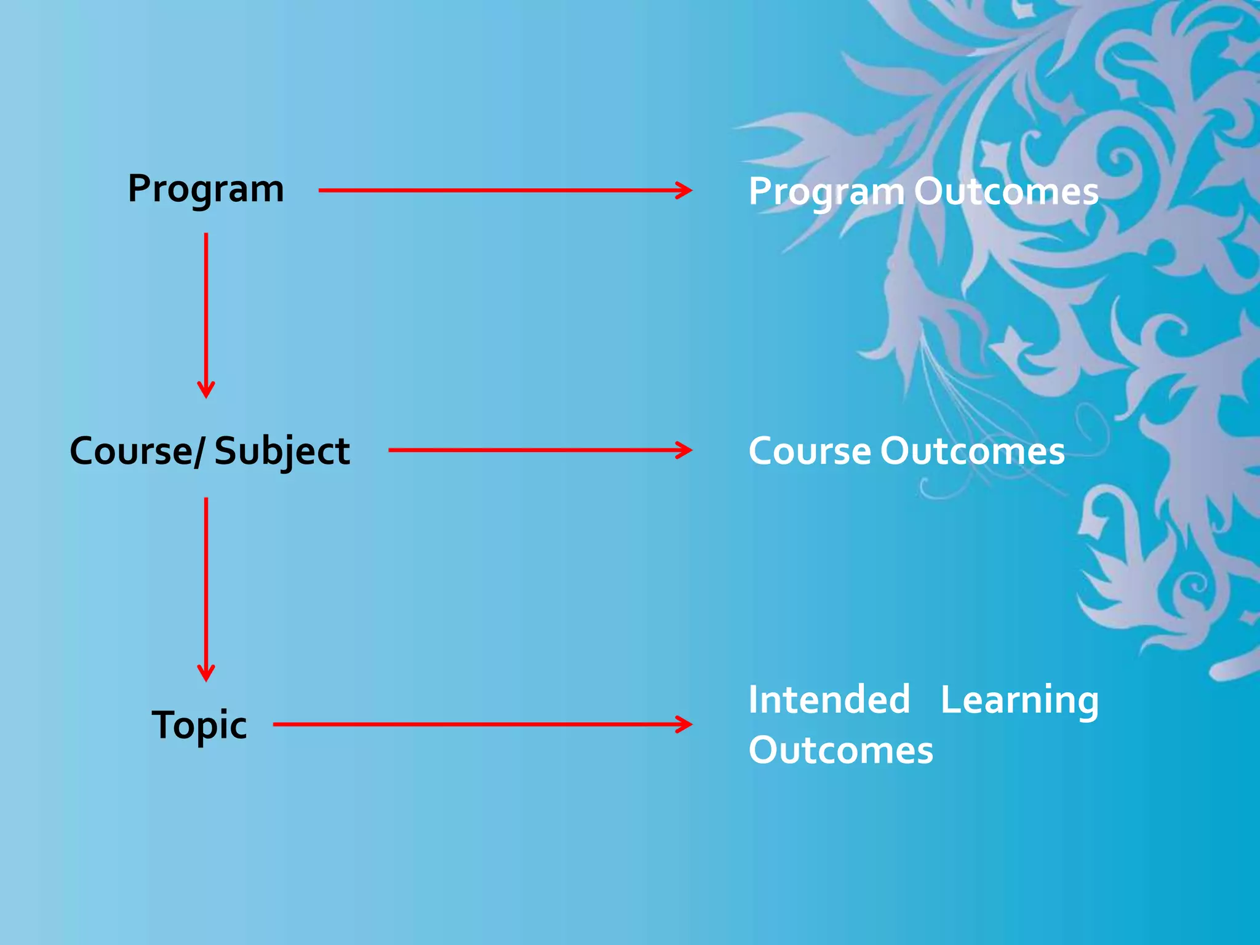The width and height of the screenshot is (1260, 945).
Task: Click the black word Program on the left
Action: tap(205, 189)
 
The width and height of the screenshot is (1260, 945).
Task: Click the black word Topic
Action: tap(199, 725)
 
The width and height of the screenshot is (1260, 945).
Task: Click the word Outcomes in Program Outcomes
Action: tap(1006, 191)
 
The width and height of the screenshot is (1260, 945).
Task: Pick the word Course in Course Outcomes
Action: tap(809, 451)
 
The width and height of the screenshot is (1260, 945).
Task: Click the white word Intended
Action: tap(829, 700)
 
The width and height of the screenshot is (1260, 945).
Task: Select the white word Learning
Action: tap(1019, 701)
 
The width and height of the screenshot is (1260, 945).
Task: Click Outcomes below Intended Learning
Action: tap(840, 750)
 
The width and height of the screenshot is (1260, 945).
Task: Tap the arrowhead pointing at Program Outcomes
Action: tap(685, 190)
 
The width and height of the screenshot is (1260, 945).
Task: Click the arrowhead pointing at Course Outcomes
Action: tap(685, 450)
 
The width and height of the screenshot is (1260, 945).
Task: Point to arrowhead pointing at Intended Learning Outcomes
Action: tap(685, 724)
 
